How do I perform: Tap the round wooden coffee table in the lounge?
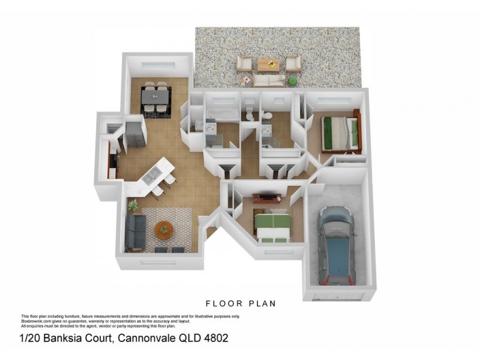point(164,229)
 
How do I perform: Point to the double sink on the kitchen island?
point(152,175)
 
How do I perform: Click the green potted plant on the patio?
point(292,80)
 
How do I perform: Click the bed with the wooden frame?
point(340,132)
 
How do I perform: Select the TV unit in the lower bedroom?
point(265,198)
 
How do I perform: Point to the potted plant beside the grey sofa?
point(133,206)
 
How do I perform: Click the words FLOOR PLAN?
point(241,304)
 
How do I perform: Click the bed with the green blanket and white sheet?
point(273,226)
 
